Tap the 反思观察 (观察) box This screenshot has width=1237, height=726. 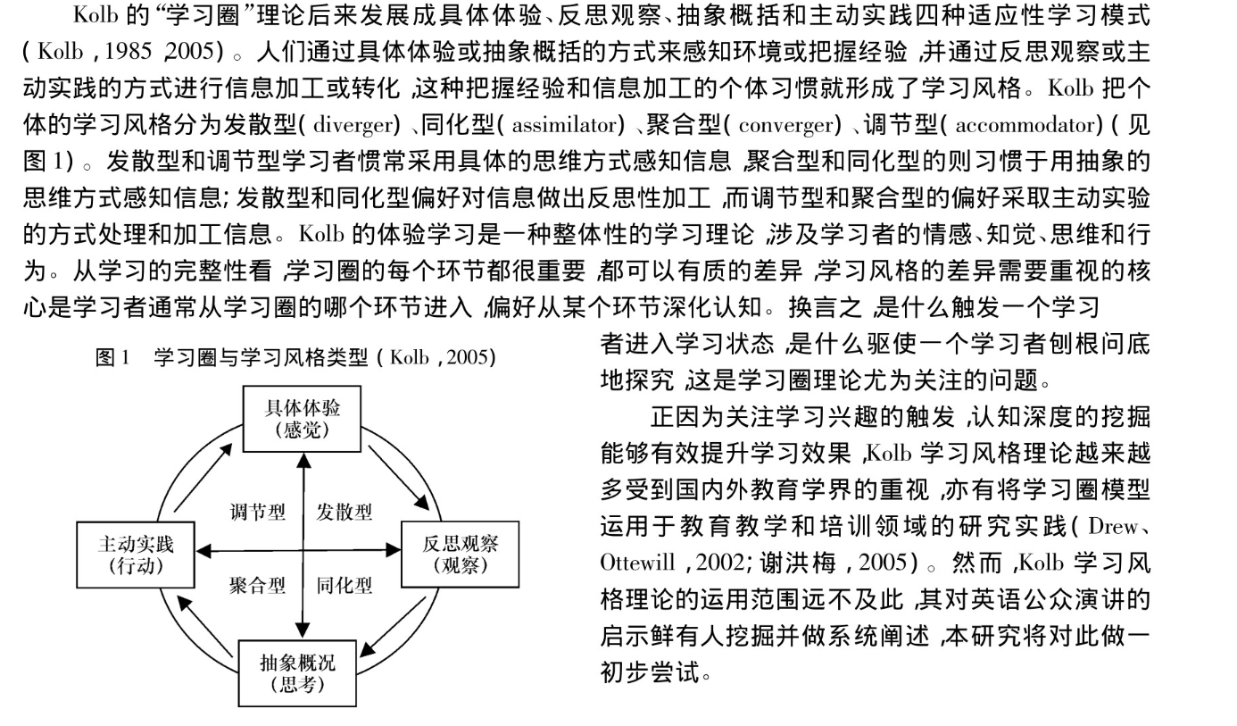click(x=460, y=554)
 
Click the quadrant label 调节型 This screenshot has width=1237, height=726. click(x=257, y=513)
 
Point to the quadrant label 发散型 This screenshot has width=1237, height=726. click(x=345, y=513)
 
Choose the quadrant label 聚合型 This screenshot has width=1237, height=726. click(x=257, y=586)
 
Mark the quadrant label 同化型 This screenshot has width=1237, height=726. click(x=345, y=586)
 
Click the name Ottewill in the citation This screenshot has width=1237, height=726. click(x=627, y=564)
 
